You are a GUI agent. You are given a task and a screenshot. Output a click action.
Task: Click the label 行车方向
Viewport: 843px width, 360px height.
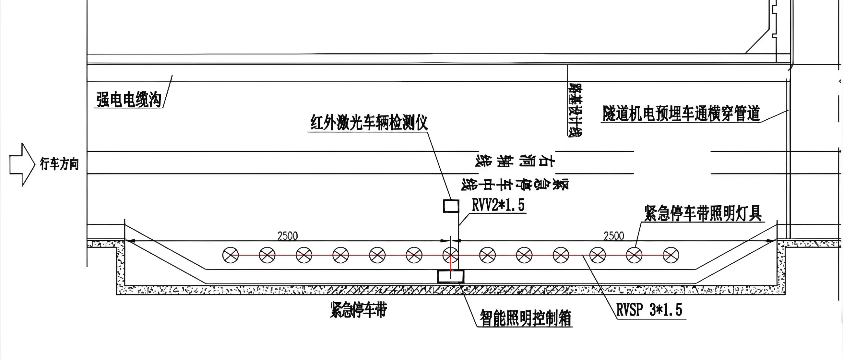[x=59, y=164]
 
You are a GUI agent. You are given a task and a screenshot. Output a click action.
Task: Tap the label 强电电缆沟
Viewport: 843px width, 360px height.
[x=129, y=99]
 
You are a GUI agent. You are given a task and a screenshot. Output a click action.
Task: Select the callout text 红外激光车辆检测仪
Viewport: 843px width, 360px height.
[x=369, y=123]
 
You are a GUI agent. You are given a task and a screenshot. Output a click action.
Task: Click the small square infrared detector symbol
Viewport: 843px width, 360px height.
[x=451, y=206]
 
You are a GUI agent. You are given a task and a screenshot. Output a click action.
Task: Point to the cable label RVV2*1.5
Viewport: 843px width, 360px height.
[x=498, y=205]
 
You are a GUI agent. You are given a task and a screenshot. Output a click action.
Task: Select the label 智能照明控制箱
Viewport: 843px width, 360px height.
[x=525, y=318]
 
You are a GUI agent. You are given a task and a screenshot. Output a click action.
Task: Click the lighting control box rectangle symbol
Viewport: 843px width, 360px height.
[x=451, y=276]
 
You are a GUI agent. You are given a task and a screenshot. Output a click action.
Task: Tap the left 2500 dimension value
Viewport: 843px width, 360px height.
[x=287, y=236]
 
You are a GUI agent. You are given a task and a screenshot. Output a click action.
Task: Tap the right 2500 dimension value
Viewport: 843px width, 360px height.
[x=613, y=236]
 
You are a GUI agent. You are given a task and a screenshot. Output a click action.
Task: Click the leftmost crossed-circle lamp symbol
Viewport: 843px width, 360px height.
[x=231, y=255]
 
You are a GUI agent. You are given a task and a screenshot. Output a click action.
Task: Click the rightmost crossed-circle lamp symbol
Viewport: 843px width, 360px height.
[x=671, y=255]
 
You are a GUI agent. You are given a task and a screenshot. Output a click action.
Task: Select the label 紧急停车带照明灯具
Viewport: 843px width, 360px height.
[x=703, y=214]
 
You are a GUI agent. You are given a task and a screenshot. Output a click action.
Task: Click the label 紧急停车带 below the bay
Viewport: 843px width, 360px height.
[x=358, y=310]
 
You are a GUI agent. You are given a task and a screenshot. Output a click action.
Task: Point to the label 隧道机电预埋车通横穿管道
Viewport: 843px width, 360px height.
[x=681, y=114]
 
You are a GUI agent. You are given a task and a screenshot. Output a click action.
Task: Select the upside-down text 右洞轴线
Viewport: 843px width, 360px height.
[x=515, y=161]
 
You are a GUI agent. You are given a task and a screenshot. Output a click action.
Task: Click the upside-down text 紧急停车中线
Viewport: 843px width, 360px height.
[x=515, y=185]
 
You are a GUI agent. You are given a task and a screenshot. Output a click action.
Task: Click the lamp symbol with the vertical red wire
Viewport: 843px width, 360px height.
[x=451, y=255]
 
